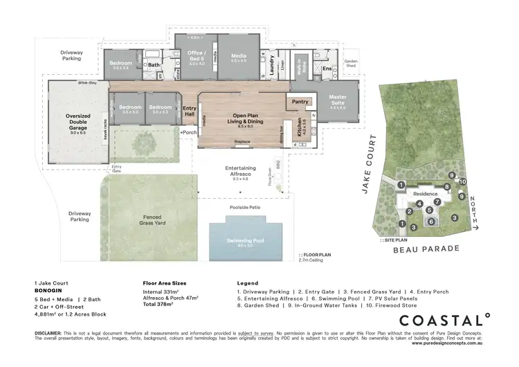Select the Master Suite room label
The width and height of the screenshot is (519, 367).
coord(338,100)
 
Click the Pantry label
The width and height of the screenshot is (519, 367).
coord(300,102)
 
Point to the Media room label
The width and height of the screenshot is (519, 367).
coord(239,58)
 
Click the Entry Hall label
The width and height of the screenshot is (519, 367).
coord(190,111)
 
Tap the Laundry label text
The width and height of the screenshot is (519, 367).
coord(273,64)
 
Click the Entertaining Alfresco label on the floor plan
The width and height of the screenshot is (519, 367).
coord(241,170)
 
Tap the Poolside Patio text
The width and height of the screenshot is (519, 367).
coord(245,207)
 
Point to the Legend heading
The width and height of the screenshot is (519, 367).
coord(248,284)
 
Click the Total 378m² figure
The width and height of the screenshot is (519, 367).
coord(160,304)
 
